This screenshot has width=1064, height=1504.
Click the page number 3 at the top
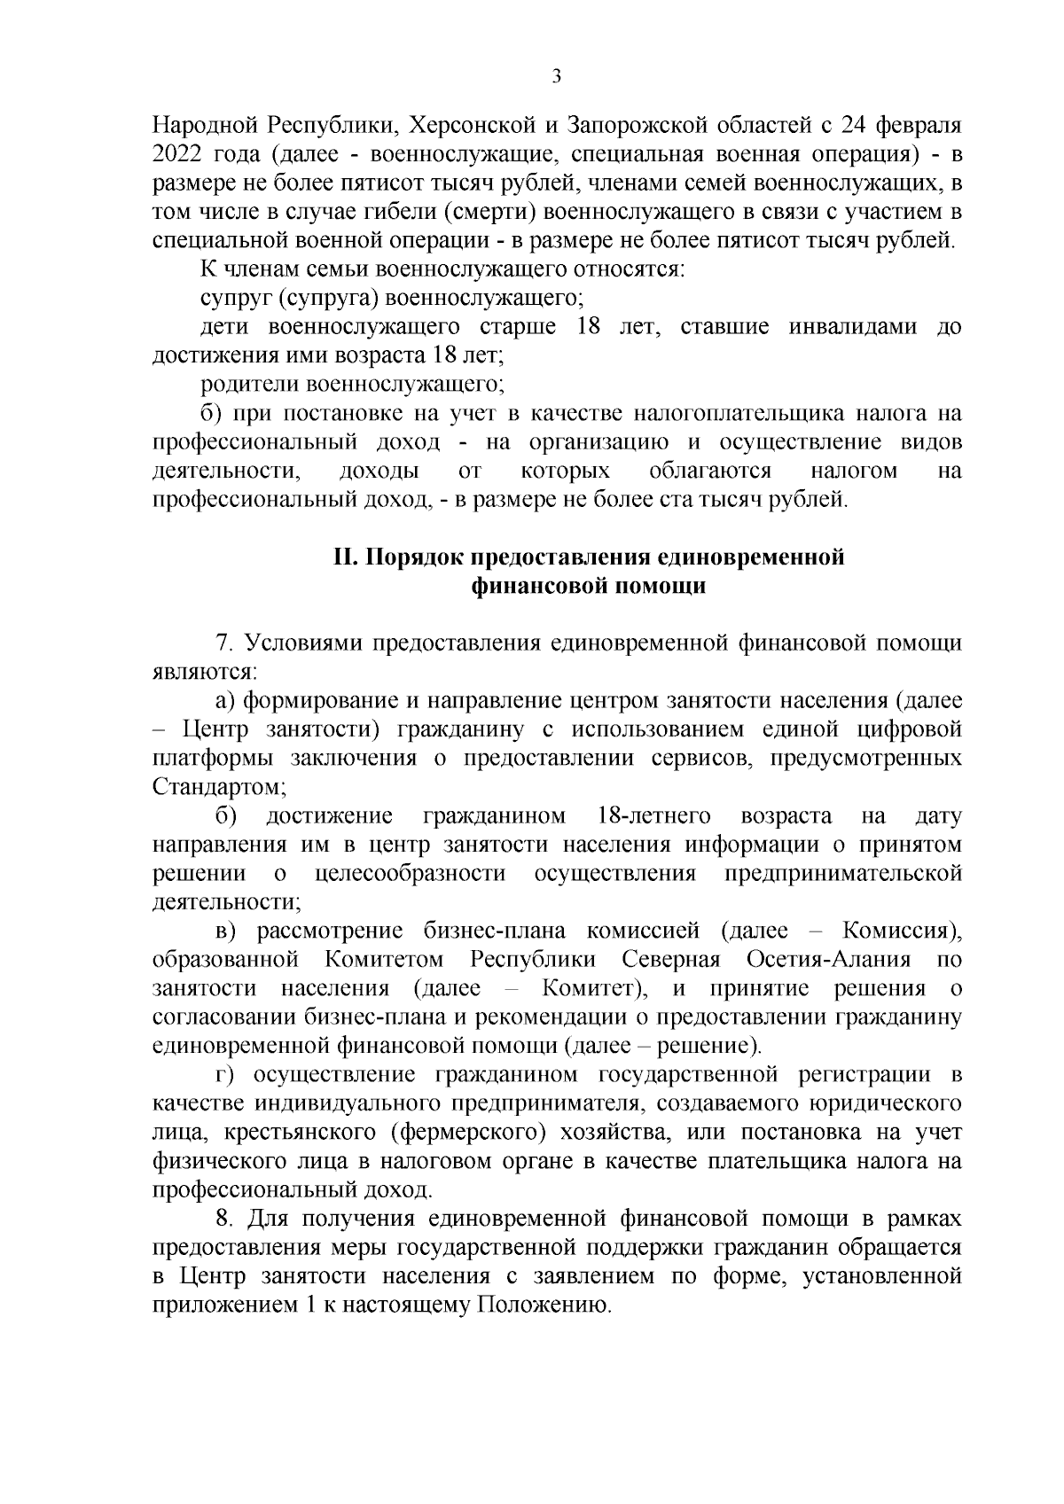click(x=556, y=76)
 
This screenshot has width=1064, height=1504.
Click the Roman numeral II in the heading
click(x=344, y=557)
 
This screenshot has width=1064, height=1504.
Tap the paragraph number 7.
click(x=222, y=643)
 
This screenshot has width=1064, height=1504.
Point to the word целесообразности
click(x=411, y=873)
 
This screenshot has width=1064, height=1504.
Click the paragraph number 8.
click(x=222, y=1220)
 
